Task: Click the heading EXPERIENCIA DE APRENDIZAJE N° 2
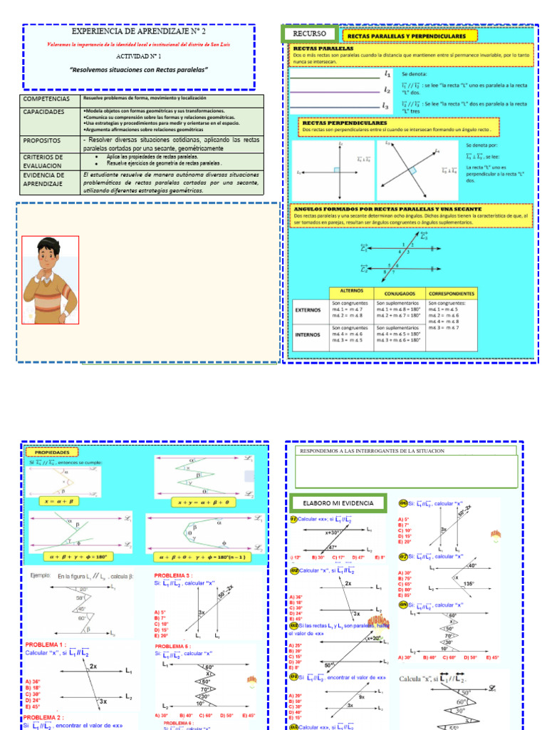coord(139,33)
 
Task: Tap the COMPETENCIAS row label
coord(47,99)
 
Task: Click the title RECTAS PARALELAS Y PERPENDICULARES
coord(407,36)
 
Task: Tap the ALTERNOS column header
coord(352,291)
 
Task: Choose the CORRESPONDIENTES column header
coord(451,292)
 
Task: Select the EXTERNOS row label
coord(309,310)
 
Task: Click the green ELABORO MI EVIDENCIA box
coord(338,503)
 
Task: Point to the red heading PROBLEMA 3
coord(173,575)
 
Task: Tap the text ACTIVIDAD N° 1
coord(139,55)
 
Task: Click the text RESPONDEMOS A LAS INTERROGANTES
coord(373,451)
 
